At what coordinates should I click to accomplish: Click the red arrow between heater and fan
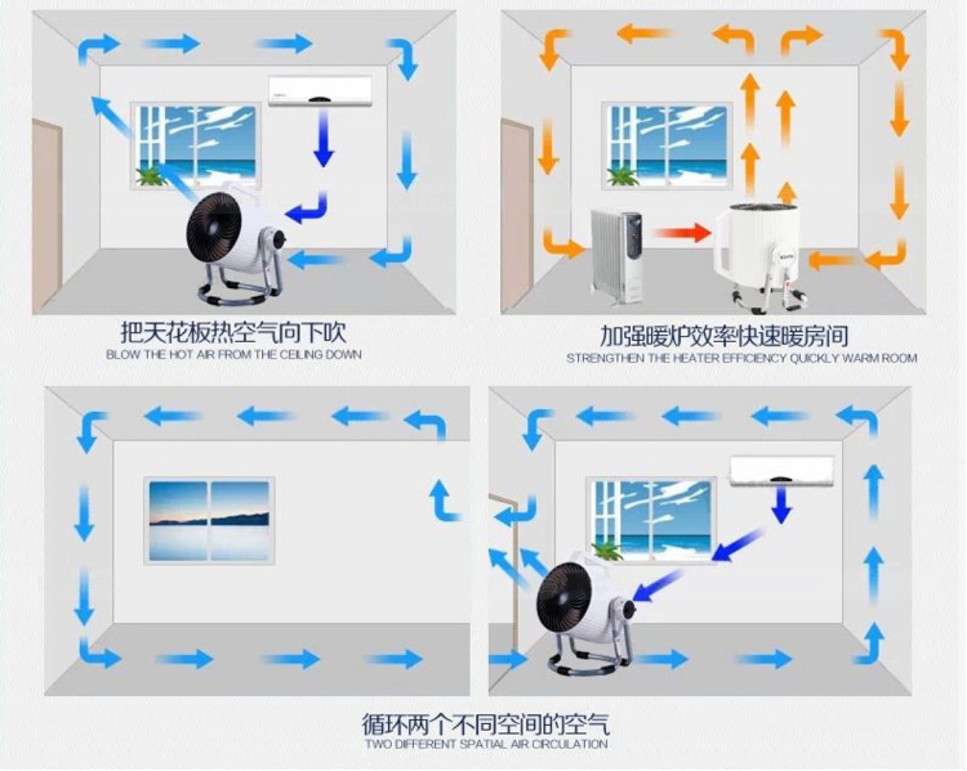coord(682,233)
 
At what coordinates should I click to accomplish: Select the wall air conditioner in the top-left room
coord(321,91)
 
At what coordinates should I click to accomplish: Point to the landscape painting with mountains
coord(210,521)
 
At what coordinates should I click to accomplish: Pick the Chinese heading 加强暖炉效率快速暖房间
coord(724,336)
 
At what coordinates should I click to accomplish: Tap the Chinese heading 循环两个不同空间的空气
coord(485,723)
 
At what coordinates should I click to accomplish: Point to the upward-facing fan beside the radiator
coord(760,257)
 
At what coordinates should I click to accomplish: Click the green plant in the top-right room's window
coord(622,176)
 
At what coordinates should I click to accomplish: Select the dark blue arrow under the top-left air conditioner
coord(324,138)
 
